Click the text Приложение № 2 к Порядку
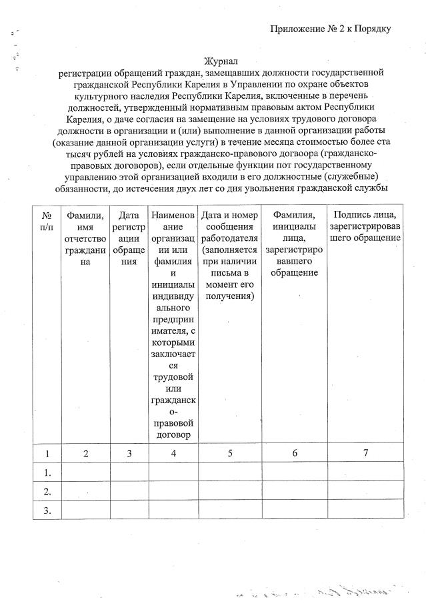[330, 29]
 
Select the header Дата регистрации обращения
[129, 238]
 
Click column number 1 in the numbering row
[47, 453]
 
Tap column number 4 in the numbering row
[173, 453]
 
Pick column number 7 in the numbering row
[365, 453]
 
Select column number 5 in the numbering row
[229, 453]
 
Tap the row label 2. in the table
[47, 491]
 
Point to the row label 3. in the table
[47, 511]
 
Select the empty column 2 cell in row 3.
[85, 511]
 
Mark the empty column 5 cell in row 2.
[229, 491]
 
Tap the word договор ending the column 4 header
[173, 434]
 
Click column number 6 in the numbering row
[294, 453]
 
